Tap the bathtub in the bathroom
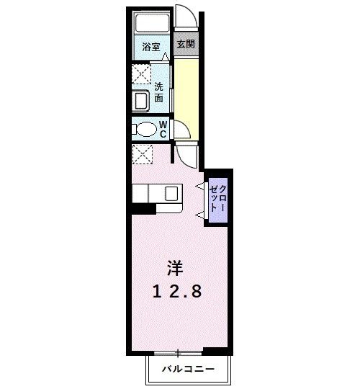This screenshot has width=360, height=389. click(x=152, y=24)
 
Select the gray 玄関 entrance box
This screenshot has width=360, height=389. click(x=186, y=45)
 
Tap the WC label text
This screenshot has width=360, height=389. click(x=163, y=129)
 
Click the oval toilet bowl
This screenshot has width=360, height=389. click(x=145, y=130)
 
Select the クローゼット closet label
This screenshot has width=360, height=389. click(x=217, y=195)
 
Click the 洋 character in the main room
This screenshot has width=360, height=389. click(x=175, y=269)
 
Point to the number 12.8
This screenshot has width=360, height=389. click(x=175, y=291)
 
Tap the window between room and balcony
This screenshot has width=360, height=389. click(x=177, y=352)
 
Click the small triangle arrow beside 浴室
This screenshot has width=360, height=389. click(x=165, y=56)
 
